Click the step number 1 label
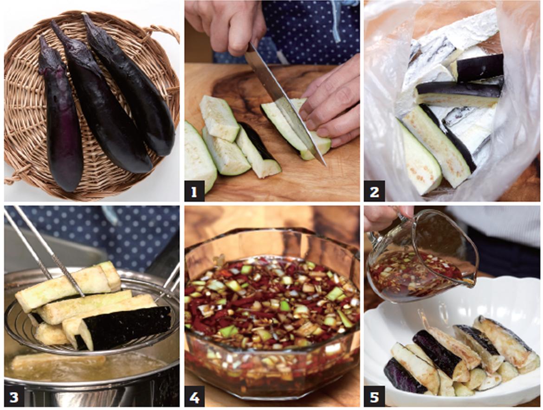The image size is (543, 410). pos(194,191)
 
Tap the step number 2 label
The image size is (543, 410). pos(374,191)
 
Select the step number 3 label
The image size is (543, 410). pos(14,397)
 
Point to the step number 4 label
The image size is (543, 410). pos(194,397)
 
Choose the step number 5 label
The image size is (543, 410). pos(374,397)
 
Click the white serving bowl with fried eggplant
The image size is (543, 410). pos(452,343)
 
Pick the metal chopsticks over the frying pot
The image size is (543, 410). pos(48,249)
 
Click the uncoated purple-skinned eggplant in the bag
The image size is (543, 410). pos(479,67)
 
